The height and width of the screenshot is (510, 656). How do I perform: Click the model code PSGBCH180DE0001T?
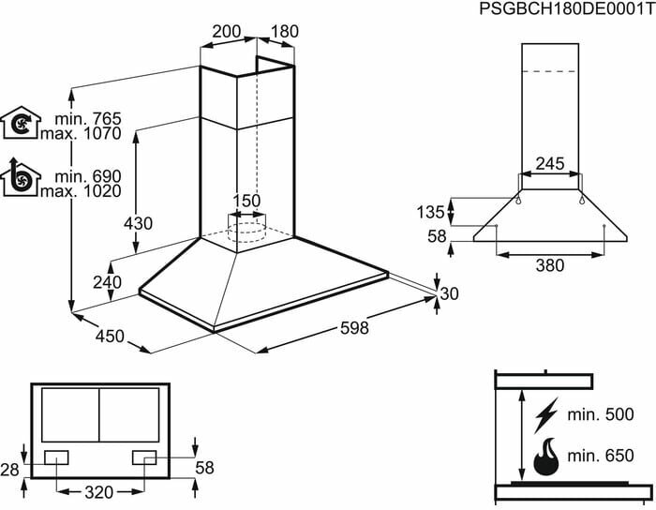(564, 9)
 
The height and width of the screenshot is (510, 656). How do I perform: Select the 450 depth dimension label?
(110, 335)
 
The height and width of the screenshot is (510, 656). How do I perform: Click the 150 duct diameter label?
(246, 202)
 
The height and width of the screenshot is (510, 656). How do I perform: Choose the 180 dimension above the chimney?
(284, 31)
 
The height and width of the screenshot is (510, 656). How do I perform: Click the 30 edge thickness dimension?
(450, 293)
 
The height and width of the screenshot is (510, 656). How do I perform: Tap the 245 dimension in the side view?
(550, 164)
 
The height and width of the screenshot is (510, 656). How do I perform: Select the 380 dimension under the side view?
(550, 265)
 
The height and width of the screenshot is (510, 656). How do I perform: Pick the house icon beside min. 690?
(19, 178)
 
